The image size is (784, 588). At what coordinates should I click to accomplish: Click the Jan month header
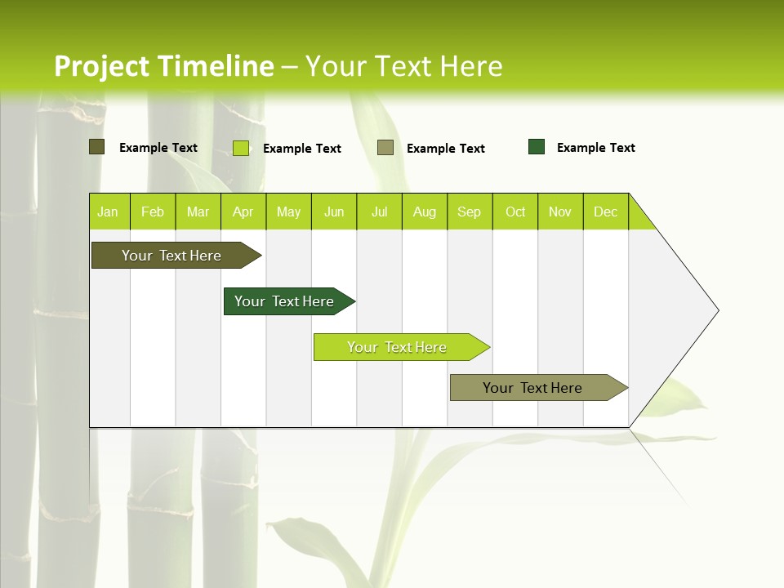pyautogui.click(x=109, y=212)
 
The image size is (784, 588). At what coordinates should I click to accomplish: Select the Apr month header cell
pyautogui.click(x=243, y=212)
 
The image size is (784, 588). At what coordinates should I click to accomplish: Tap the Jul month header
pyautogui.click(x=379, y=212)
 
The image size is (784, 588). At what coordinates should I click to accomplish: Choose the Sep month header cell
pyautogui.click(x=470, y=212)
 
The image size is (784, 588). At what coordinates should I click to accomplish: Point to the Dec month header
pyautogui.click(x=605, y=212)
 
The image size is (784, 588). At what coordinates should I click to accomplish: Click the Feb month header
pyautogui.click(x=153, y=212)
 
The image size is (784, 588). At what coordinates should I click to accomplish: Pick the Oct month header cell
pyautogui.click(x=515, y=212)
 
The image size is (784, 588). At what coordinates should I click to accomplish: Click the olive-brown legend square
pyautogui.click(x=96, y=147)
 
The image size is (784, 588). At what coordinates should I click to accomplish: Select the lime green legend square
pyautogui.click(x=241, y=148)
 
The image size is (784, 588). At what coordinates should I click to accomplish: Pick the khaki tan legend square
pyautogui.click(x=385, y=147)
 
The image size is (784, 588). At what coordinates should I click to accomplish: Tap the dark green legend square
pyautogui.click(x=537, y=147)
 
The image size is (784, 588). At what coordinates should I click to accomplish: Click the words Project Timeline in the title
pyautogui.click(x=163, y=66)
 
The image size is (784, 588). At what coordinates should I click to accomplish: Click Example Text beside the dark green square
pyautogui.click(x=595, y=148)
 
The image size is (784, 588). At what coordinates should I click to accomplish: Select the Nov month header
pyautogui.click(x=560, y=212)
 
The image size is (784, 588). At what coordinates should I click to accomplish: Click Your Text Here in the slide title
pyautogui.click(x=403, y=66)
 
